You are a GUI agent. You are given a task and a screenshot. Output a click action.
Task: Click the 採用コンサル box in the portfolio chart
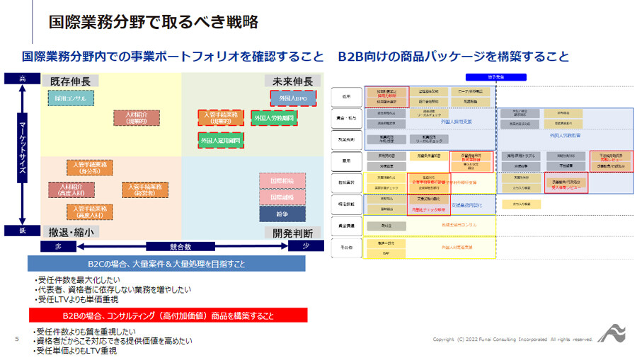[70, 99]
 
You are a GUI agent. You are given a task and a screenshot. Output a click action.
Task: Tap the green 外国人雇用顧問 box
[220, 141]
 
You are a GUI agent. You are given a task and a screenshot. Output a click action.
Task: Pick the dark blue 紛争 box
[282, 213]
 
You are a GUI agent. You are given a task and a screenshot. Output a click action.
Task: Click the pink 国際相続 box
[282, 180]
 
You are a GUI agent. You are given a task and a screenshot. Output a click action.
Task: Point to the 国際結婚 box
[282, 197]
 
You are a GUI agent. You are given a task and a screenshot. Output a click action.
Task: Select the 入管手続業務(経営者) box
[144, 190]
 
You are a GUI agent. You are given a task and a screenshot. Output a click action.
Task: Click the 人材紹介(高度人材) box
[71, 190]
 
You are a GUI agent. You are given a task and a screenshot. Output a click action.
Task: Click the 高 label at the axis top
[22, 79]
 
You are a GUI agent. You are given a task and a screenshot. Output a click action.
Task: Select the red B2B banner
[167, 315]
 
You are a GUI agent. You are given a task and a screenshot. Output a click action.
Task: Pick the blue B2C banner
[167, 264]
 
